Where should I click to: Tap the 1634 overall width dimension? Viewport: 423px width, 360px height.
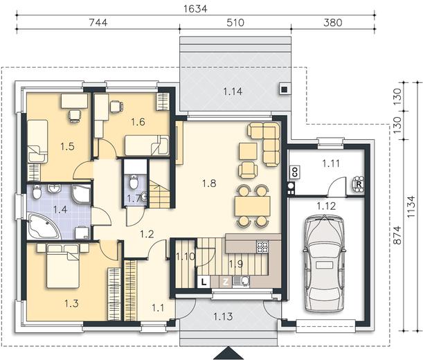195,8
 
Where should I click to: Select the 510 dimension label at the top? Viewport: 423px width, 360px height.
235,22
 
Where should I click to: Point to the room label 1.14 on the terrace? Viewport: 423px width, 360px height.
233,91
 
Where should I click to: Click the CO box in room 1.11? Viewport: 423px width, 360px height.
295,172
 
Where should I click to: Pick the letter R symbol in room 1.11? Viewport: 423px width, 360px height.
358,184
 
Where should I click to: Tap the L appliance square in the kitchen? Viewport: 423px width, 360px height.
204,282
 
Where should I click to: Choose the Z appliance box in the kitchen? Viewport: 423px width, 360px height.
226,282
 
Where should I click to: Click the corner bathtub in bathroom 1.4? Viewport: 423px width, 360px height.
44,226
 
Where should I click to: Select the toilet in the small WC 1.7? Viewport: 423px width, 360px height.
134,181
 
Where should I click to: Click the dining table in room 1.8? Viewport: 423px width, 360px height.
253,206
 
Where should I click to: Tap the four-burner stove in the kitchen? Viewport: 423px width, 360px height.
262,246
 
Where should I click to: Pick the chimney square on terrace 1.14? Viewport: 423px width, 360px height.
285,89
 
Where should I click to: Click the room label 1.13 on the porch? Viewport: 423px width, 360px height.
223,316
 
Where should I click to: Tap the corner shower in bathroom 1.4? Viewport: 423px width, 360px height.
82,193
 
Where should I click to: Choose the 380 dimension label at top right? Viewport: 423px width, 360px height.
332,22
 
